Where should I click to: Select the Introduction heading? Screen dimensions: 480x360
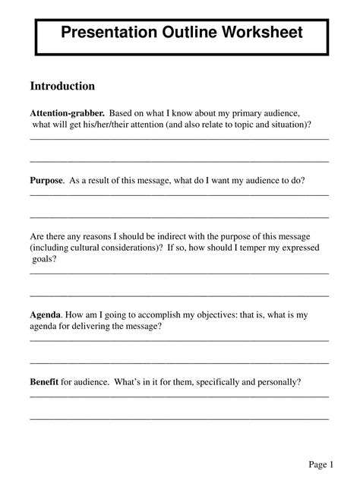pyautogui.click(x=62, y=86)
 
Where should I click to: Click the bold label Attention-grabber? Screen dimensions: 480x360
pyautogui.click(x=67, y=111)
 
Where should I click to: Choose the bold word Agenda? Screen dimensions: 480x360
pyautogui.click(x=46, y=314)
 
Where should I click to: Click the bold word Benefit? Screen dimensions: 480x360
pyautogui.click(x=44, y=382)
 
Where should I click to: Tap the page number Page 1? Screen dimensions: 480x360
pyautogui.click(x=321, y=464)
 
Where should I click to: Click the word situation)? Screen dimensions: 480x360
pyautogui.click(x=289, y=124)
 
